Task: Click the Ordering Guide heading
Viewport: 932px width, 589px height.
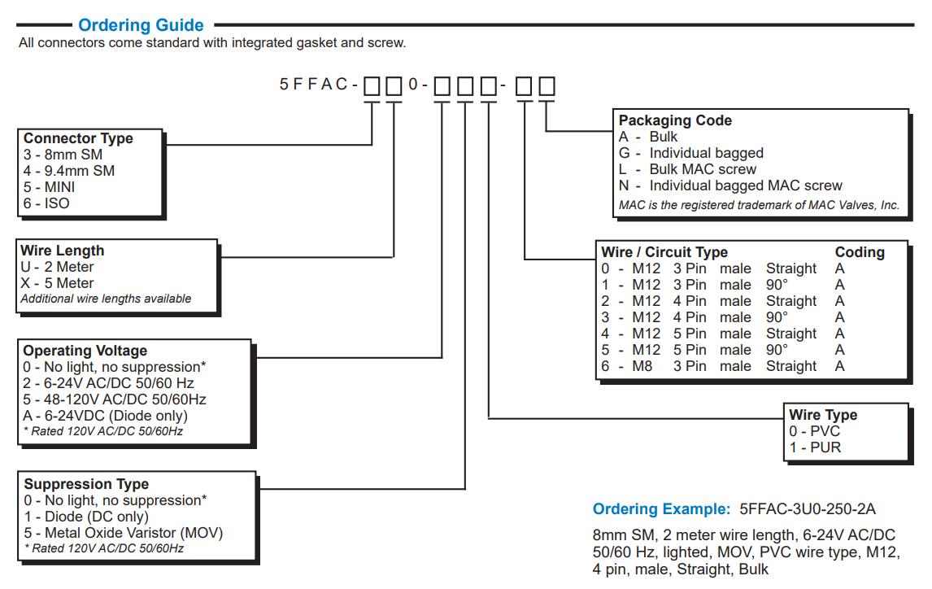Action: tap(141, 25)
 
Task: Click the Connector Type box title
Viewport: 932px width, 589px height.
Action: tap(78, 138)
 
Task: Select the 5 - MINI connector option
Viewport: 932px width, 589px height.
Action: tap(50, 187)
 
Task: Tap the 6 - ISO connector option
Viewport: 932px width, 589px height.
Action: tap(46, 203)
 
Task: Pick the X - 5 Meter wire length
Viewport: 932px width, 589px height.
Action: tap(57, 283)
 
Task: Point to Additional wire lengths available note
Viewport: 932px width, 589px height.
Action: tap(106, 299)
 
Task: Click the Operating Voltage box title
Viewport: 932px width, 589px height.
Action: tap(85, 351)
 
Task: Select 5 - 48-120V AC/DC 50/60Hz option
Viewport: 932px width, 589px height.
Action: tap(114, 399)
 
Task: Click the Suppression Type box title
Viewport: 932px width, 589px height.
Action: tap(86, 484)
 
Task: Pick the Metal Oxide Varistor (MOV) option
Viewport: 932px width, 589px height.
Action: tap(123, 533)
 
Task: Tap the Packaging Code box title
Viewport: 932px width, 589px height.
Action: tap(675, 120)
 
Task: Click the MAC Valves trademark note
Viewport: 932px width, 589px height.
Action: tap(759, 205)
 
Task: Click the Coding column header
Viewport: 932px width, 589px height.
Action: tap(860, 252)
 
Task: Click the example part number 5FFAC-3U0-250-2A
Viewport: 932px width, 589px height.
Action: tap(808, 509)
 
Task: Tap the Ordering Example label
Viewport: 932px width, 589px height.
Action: tap(661, 509)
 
